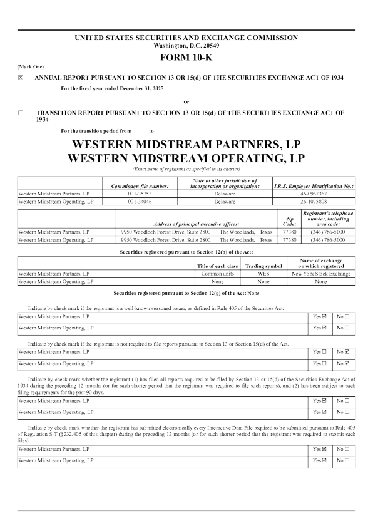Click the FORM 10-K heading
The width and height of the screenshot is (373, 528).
[186, 58]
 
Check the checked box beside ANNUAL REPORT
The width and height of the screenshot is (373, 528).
[21, 78]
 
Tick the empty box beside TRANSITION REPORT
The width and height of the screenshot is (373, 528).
[21, 113]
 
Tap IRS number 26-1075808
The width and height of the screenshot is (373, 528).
[314, 202]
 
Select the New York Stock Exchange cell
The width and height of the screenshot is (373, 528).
[321, 274]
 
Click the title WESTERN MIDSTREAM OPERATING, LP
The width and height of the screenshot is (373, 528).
[186, 158]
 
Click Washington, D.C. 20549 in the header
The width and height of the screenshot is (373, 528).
[186, 45]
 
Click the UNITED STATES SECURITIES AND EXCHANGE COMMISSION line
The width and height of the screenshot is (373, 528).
[186, 38]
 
